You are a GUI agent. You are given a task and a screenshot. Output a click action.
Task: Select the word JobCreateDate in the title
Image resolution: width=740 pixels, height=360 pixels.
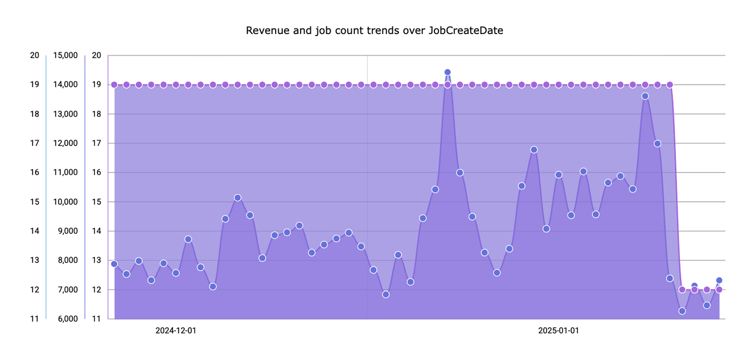(466, 30)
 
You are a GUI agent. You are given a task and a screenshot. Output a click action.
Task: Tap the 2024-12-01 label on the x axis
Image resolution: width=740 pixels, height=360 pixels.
(176, 331)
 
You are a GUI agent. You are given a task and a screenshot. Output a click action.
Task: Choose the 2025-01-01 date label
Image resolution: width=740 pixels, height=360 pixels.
(559, 331)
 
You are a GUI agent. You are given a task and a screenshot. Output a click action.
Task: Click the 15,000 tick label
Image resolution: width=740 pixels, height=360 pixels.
(65, 55)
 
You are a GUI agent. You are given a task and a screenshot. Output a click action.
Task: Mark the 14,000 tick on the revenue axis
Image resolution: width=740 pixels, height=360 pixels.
(65, 85)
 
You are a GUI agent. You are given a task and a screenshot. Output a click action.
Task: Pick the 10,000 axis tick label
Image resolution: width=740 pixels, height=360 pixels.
(65, 202)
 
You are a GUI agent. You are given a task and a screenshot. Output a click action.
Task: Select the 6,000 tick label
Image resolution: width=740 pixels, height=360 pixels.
(67, 319)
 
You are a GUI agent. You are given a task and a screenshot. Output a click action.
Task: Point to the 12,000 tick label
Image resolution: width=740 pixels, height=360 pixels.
(65, 143)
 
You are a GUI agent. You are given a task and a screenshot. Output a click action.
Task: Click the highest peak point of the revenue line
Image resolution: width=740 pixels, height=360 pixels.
(448, 73)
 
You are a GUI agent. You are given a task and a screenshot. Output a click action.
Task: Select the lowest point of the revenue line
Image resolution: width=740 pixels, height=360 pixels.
(682, 311)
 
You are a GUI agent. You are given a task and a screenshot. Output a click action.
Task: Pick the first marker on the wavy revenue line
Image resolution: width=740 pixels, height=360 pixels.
(114, 264)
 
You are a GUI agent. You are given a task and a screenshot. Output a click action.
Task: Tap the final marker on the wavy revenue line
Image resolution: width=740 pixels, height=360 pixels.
(719, 280)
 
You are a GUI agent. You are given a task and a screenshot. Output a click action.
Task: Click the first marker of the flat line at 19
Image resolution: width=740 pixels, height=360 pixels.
(114, 85)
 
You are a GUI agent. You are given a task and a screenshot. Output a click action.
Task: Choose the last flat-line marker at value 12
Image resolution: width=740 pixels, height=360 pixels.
(719, 290)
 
